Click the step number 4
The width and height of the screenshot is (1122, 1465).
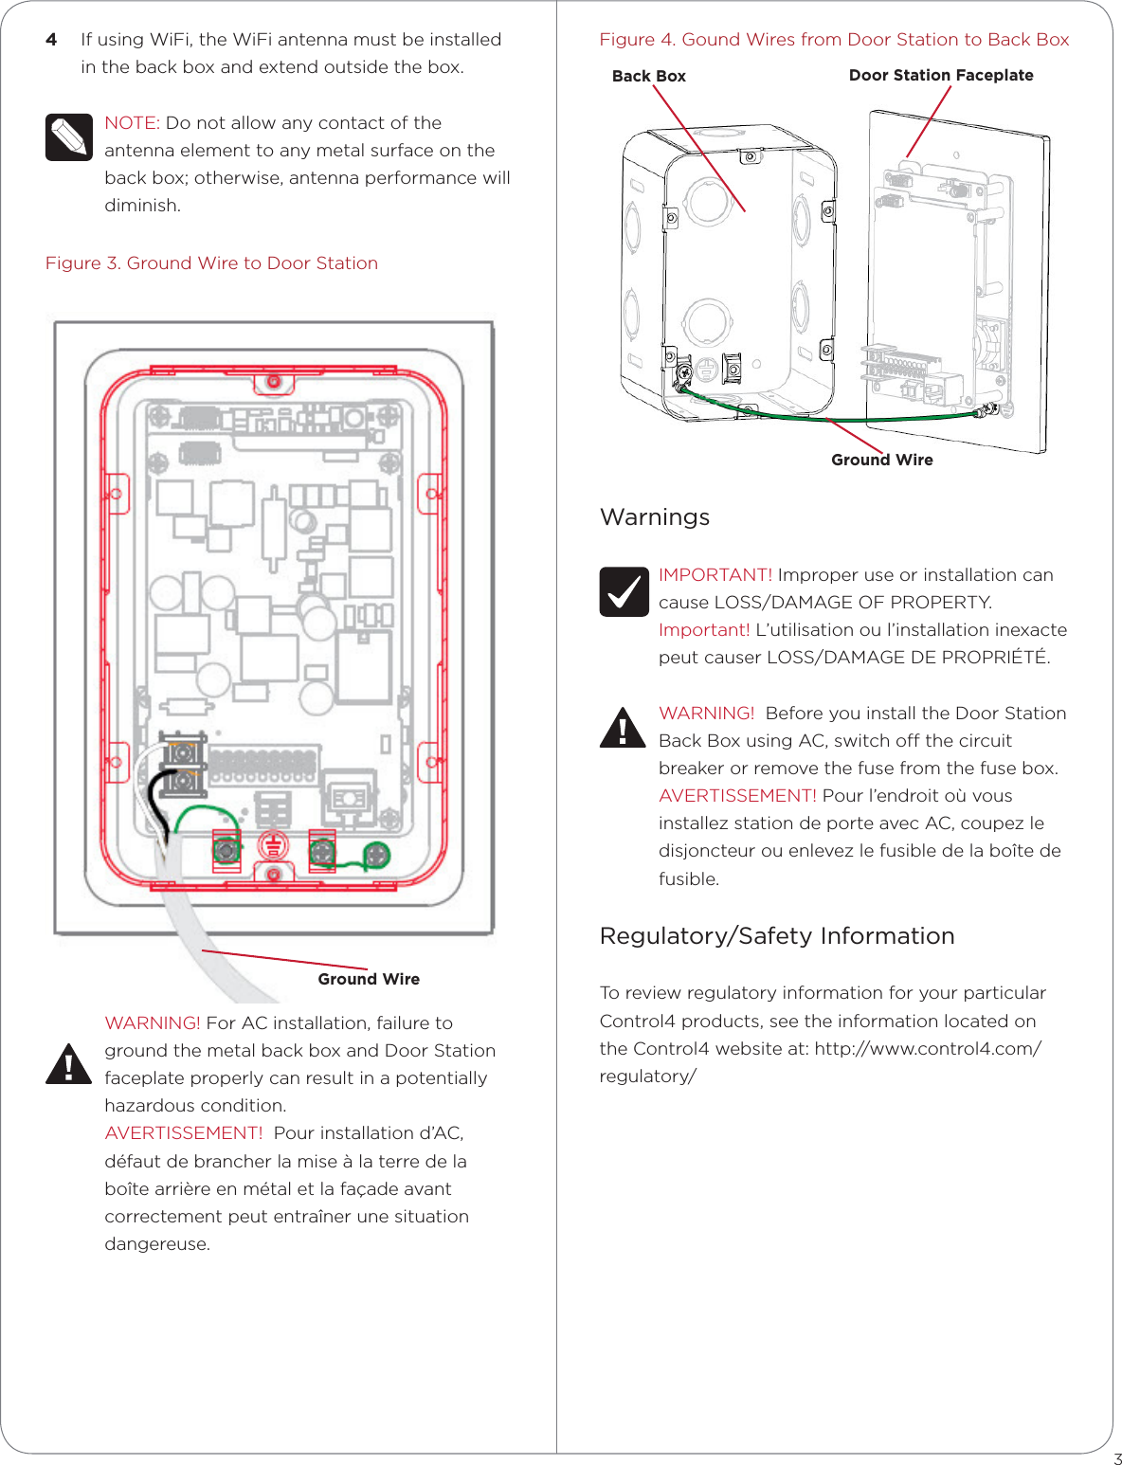pyautogui.click(x=51, y=40)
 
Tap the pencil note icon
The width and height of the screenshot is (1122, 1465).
pyautogui.click(x=68, y=137)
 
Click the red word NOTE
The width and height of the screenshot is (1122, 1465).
pyautogui.click(x=130, y=123)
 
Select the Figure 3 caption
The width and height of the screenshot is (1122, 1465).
pyautogui.click(x=211, y=263)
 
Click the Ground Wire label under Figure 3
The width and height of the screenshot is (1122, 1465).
pyautogui.click(x=369, y=979)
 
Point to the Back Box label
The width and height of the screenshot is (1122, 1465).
pyautogui.click(x=648, y=76)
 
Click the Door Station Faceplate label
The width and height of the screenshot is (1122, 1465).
pyautogui.click(x=940, y=75)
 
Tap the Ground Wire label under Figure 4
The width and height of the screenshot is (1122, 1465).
pyautogui.click(x=881, y=460)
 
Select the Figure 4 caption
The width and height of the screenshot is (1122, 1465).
pyautogui.click(x=834, y=40)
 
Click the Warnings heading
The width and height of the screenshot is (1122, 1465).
pyautogui.click(x=655, y=517)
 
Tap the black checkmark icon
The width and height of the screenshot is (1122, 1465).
pyautogui.click(x=624, y=591)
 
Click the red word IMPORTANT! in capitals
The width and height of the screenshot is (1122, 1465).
pyautogui.click(x=715, y=575)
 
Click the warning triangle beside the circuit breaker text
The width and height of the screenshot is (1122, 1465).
pyautogui.click(x=623, y=729)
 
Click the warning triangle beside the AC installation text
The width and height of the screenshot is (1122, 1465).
pyautogui.click(x=68, y=1064)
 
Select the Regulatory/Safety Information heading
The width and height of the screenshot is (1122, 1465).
pyautogui.click(x=777, y=936)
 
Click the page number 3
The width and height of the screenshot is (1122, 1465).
pyautogui.click(x=1117, y=1459)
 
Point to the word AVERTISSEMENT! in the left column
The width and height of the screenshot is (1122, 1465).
pyautogui.click(x=183, y=1133)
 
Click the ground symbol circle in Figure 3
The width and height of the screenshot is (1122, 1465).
pyautogui.click(x=273, y=845)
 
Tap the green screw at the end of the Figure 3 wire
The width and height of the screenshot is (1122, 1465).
pyautogui.click(x=377, y=855)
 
